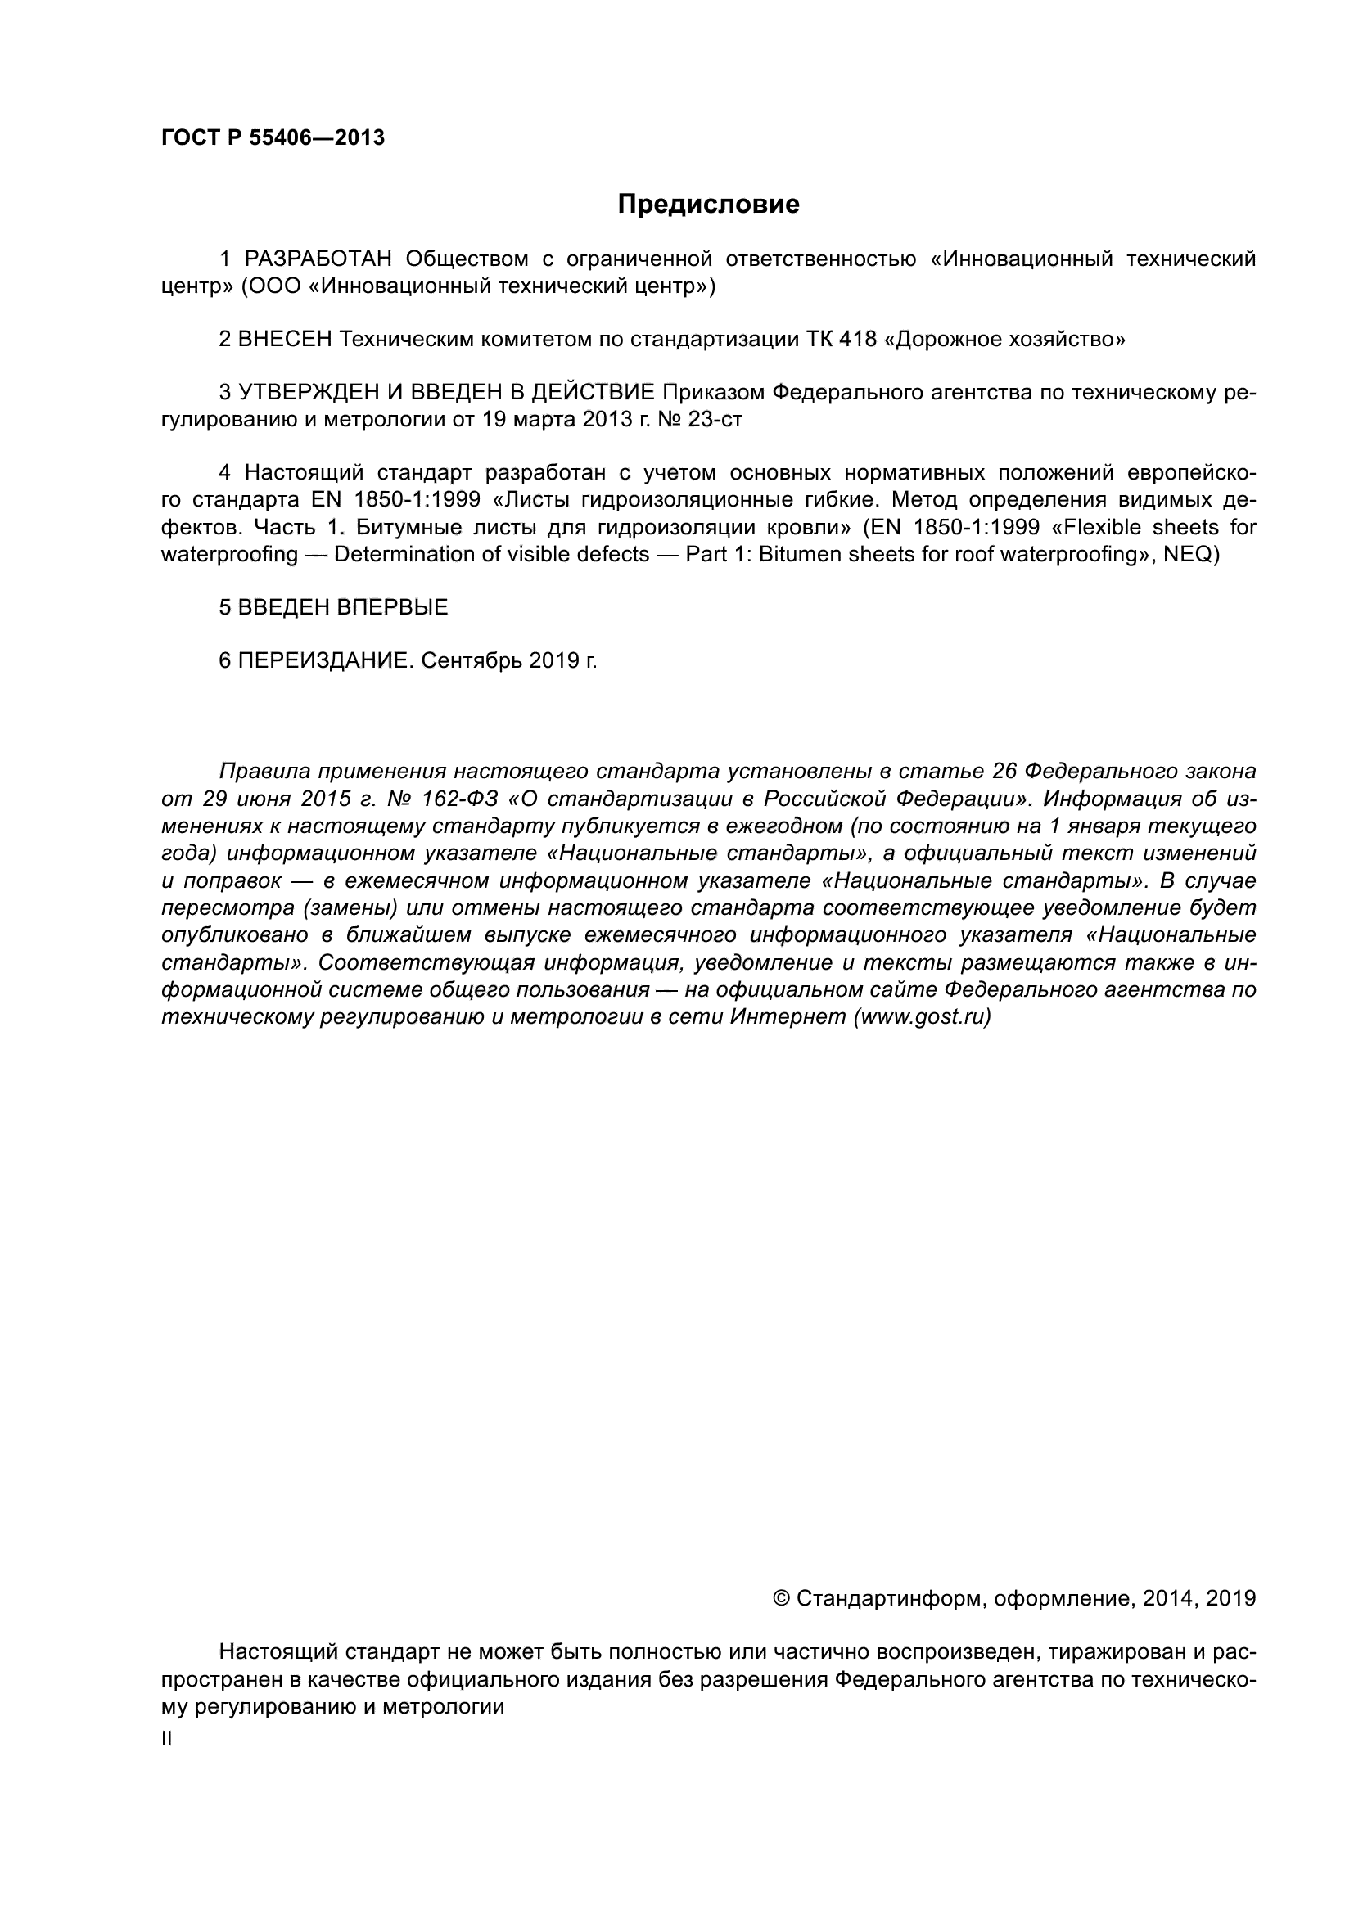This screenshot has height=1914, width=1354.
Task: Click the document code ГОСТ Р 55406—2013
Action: pyautogui.click(x=273, y=138)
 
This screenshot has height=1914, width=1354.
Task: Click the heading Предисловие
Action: pyautogui.click(x=708, y=205)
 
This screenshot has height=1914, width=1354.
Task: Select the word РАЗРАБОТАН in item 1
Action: pyautogui.click(x=318, y=259)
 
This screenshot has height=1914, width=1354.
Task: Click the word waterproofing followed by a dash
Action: pyautogui.click(x=229, y=554)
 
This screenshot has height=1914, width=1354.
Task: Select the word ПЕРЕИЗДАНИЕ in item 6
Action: pyautogui.click(x=325, y=661)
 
